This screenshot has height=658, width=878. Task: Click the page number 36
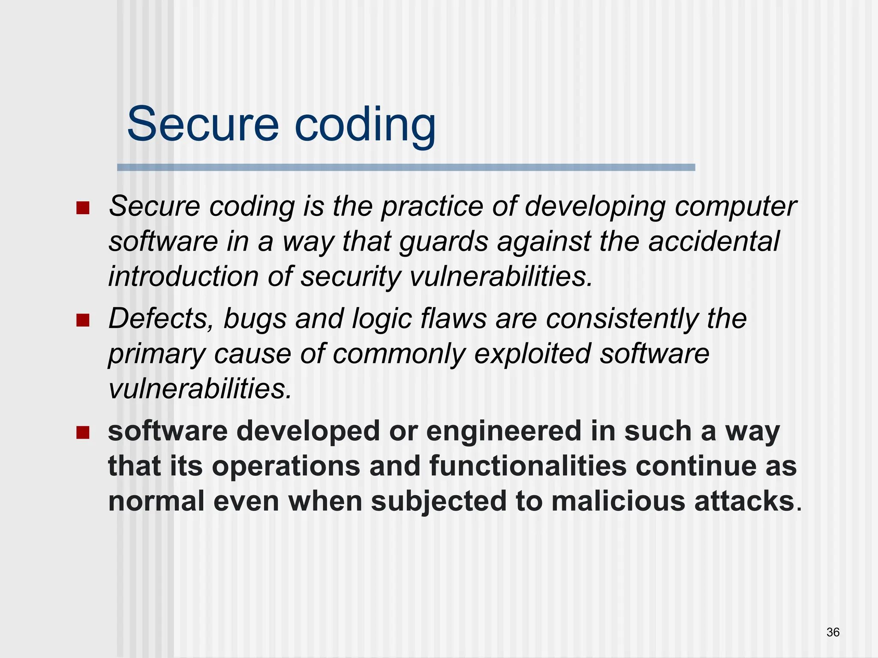pyautogui.click(x=833, y=632)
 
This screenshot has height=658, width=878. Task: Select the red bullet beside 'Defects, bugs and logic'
pyautogui.click(x=83, y=320)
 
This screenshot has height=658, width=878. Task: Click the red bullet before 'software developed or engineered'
pyautogui.click(x=83, y=432)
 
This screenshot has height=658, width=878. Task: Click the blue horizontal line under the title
pyautogui.click(x=406, y=167)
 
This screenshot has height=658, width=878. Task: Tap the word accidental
pyautogui.click(x=713, y=241)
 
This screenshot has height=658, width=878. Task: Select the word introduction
pyautogui.click(x=184, y=276)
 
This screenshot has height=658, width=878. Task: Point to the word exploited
pyautogui.click(x=532, y=354)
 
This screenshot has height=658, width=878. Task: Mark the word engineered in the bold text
pyautogui.click(x=503, y=431)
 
